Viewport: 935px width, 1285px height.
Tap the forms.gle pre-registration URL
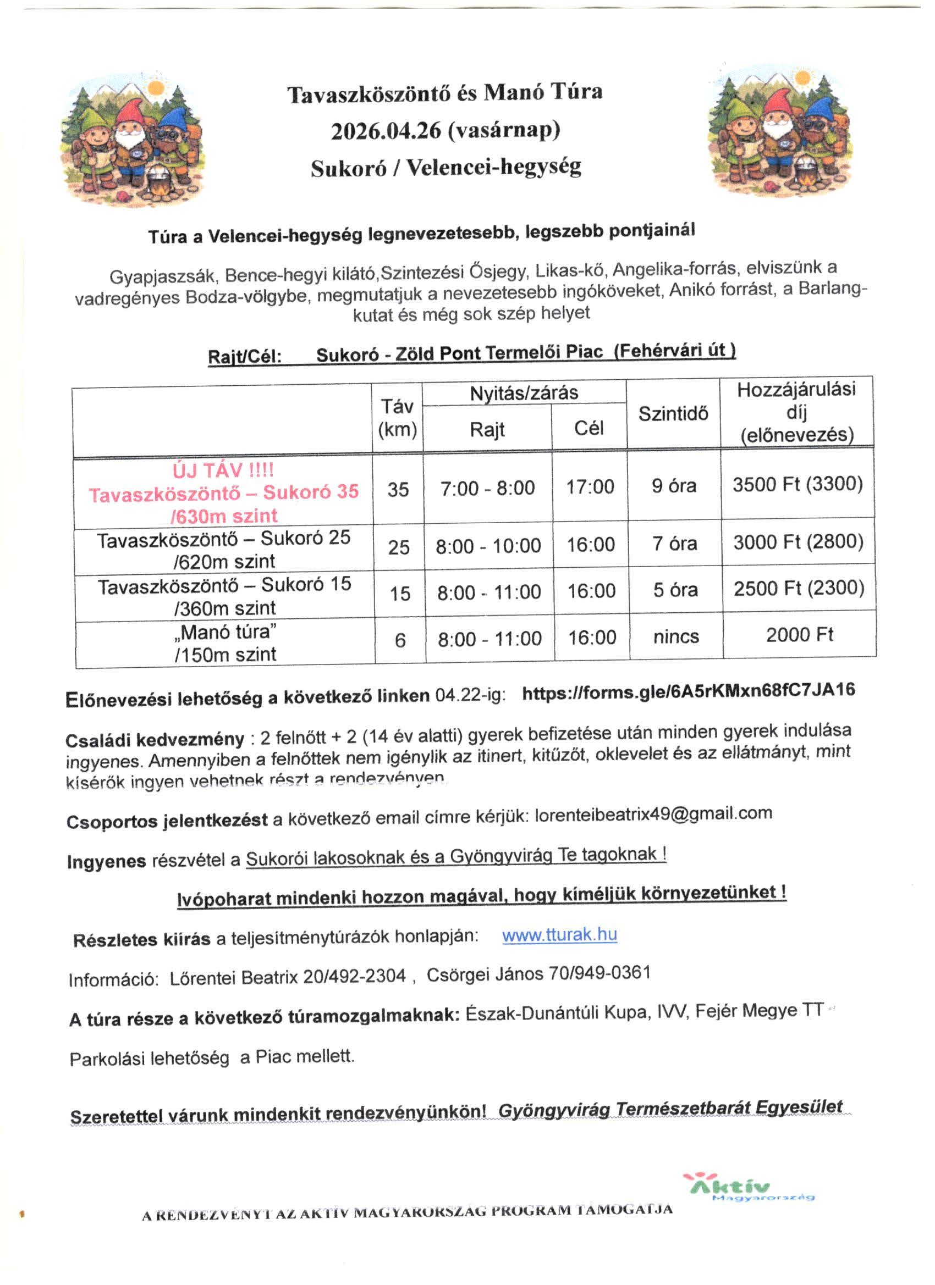pyautogui.click(x=688, y=691)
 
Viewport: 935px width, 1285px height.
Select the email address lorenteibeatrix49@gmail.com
pyautogui.click(x=653, y=814)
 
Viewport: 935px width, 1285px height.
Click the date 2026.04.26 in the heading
pyautogui.click(x=386, y=131)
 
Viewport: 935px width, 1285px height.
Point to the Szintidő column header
pyautogui.click(x=673, y=414)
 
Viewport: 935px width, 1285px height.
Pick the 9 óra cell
pyautogui.click(x=674, y=486)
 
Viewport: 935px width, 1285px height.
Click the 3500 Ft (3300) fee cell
pyautogui.click(x=797, y=484)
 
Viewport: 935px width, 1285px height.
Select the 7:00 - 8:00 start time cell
pyautogui.click(x=488, y=488)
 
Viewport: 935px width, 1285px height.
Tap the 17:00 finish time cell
pyautogui.click(x=590, y=488)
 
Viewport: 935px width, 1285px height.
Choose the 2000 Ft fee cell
pyautogui.click(x=800, y=635)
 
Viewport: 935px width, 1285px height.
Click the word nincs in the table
pyautogui.click(x=676, y=637)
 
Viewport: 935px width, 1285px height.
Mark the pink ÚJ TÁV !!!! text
pyautogui.click(x=223, y=470)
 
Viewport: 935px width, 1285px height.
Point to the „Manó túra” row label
pyautogui.click(x=225, y=632)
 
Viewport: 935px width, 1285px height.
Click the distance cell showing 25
pyautogui.click(x=399, y=547)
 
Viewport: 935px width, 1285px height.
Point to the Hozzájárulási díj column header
pyautogui.click(x=796, y=412)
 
